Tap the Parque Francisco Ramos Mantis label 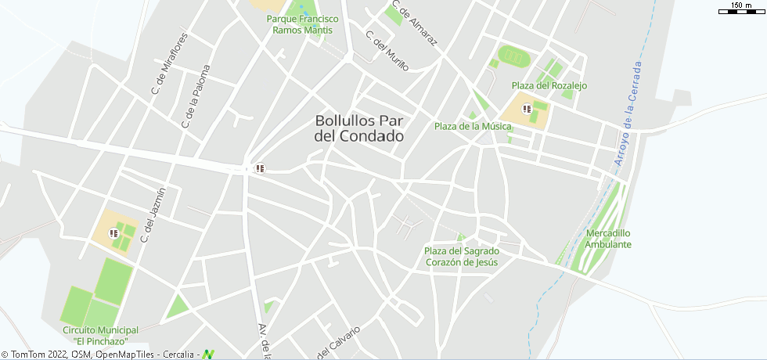[302, 24]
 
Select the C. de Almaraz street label [414, 23]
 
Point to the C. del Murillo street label [387, 51]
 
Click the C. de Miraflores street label [170, 64]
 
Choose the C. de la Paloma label [196, 96]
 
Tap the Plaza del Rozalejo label [549, 85]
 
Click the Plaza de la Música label [473, 126]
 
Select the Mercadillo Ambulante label [608, 239]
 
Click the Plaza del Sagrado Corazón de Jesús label [461, 257]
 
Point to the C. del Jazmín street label [153, 214]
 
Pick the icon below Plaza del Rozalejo [527, 109]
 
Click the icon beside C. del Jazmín [113, 232]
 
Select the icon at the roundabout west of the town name [259, 167]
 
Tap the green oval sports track [514, 56]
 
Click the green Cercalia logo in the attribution [208, 355]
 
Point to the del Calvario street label [339, 344]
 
